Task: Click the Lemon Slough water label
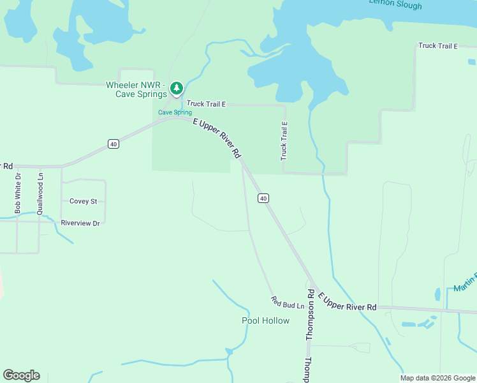coord(395,4)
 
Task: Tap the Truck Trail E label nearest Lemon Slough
coord(438,46)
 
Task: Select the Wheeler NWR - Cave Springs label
coord(136,89)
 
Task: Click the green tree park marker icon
coord(177,88)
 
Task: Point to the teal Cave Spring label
coord(175,112)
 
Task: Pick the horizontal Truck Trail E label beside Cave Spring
coord(206,104)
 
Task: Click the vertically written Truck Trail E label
coord(284,141)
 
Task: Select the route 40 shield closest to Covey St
coord(113,144)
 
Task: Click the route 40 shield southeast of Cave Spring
coord(263,199)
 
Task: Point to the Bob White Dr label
coord(18,193)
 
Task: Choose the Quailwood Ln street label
coord(40,193)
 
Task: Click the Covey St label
coord(83,201)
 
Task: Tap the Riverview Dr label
coord(80,223)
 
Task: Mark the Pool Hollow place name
coord(265,320)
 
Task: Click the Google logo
coord(21,375)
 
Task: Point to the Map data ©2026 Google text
coord(437,378)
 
